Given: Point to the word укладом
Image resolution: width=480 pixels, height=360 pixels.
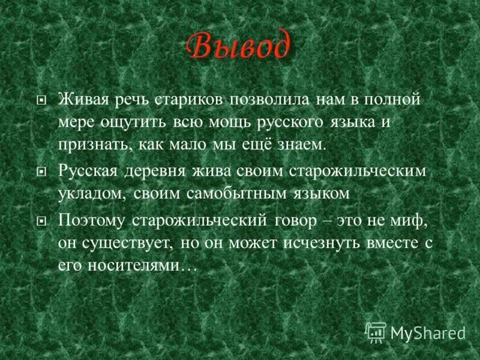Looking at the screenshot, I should click(x=90, y=194).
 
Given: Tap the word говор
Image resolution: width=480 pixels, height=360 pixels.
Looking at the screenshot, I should click(x=293, y=220).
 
